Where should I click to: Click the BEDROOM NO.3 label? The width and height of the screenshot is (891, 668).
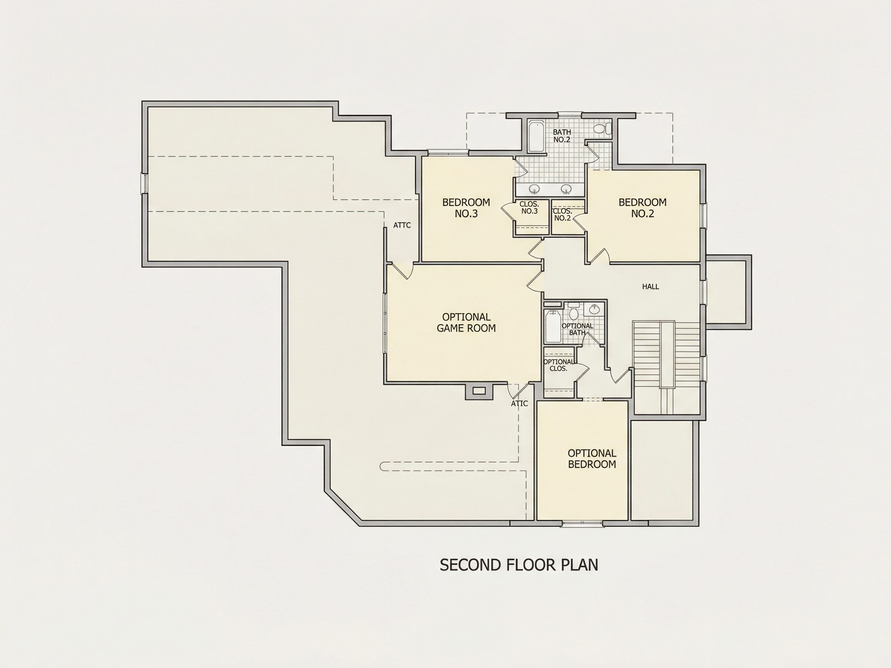466,208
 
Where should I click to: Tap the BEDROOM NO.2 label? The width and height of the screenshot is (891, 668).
642,208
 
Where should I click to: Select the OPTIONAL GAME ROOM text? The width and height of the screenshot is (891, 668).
466,323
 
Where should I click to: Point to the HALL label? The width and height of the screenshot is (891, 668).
651,287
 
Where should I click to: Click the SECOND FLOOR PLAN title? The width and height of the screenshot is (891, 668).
519,565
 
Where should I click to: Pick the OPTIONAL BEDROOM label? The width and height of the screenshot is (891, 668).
592,459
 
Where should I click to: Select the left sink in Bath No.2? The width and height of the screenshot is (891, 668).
535,189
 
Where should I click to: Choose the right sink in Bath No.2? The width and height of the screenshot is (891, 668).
566,189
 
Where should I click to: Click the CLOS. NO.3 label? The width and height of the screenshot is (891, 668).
529,208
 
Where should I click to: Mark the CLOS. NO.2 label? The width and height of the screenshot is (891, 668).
562,214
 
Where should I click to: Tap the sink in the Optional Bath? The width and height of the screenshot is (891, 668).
595,309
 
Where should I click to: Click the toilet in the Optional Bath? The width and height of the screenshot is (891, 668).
574,312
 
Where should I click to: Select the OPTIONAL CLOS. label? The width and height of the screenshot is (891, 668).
558,365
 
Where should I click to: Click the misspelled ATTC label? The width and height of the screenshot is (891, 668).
402,226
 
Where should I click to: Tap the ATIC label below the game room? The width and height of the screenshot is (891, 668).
519,403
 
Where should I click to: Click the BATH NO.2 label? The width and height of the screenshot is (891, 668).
562,136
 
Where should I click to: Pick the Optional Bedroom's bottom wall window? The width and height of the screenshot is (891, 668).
583,524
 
